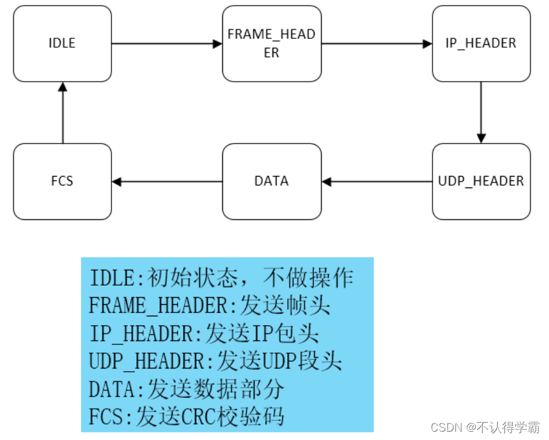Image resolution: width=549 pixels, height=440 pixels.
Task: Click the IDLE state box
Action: [x=62, y=44]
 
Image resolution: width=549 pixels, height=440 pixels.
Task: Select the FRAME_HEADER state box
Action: [x=271, y=44]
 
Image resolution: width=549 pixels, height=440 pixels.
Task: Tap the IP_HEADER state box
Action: [x=481, y=44]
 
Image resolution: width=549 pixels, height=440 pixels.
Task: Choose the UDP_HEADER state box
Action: [x=481, y=181]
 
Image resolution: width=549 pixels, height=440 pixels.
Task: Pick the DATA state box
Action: [x=271, y=181]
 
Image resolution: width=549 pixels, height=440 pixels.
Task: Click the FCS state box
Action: [x=62, y=181]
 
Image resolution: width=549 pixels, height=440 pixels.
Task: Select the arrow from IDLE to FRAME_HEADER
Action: [x=167, y=44]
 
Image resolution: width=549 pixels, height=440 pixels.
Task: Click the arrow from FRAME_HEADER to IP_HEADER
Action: [x=376, y=44]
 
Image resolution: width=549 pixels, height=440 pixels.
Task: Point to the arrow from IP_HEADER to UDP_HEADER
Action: [x=481, y=112]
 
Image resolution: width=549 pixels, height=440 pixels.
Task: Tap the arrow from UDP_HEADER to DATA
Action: [x=376, y=182]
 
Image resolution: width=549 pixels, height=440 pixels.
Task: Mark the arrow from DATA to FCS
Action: [x=167, y=182]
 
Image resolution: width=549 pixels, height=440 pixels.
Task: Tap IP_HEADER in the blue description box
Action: [x=144, y=334]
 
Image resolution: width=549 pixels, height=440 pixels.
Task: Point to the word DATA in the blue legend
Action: [x=113, y=388]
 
